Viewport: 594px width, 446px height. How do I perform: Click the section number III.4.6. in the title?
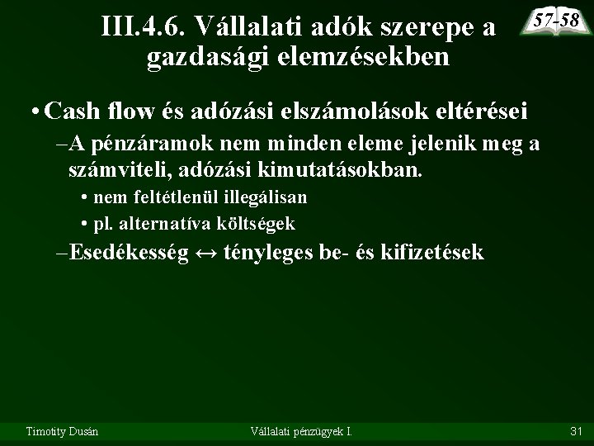(144, 27)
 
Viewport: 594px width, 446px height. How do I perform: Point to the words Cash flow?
(91, 108)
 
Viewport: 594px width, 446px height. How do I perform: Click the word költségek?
(256, 223)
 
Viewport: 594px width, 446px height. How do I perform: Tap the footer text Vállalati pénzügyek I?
(300, 430)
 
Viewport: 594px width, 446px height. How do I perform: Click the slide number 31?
(576, 430)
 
